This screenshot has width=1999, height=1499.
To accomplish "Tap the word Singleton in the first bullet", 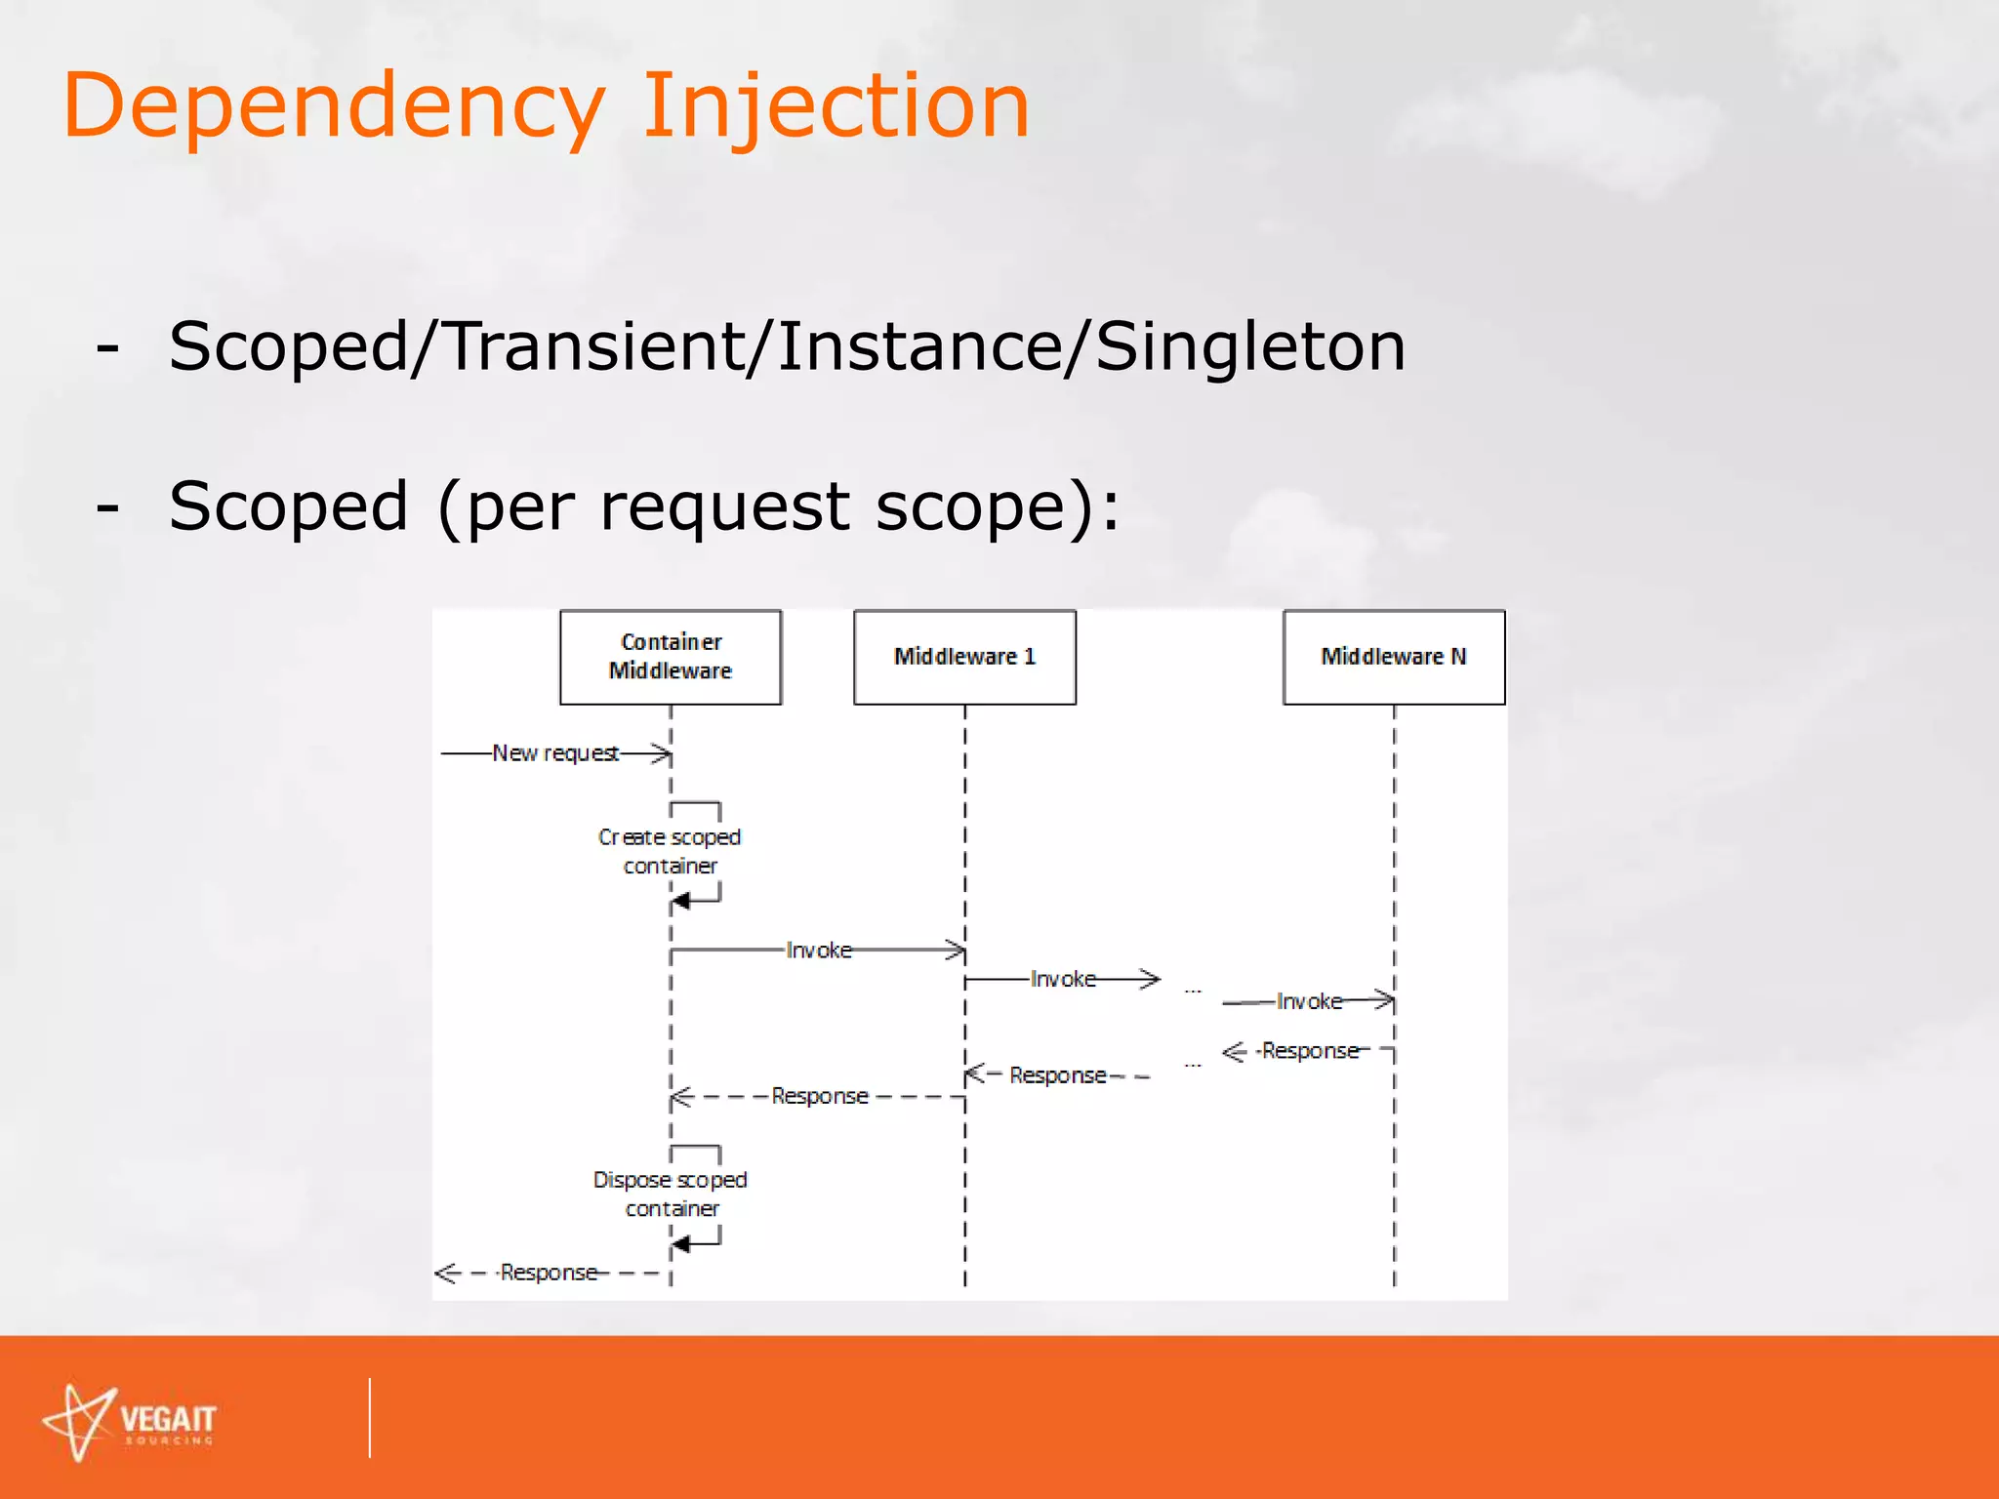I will coord(1250,347).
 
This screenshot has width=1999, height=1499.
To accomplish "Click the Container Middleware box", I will coord(671,657).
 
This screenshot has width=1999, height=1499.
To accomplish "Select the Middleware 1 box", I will coord(964,657).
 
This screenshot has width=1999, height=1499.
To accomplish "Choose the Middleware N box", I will coord(1394,657).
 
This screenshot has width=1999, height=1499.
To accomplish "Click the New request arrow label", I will coord(555,753).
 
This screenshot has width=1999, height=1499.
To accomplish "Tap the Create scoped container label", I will coord(671,851).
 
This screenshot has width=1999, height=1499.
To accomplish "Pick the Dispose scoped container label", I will coord(671,1194).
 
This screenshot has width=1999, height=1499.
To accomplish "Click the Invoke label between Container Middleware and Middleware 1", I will coord(819,951).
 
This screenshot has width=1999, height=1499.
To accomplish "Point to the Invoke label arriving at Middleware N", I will coord(1309,1001).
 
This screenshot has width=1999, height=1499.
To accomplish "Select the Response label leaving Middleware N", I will coord(1310,1051).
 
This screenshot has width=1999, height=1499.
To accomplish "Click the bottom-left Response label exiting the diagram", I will coord(549,1273).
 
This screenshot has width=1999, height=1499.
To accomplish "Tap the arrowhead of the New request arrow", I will coord(664,753).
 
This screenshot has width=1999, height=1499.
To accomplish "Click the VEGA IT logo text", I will coord(168,1419).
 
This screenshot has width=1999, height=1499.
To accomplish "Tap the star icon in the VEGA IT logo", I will coord(80,1422).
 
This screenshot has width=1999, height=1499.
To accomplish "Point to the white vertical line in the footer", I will coord(370,1417).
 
